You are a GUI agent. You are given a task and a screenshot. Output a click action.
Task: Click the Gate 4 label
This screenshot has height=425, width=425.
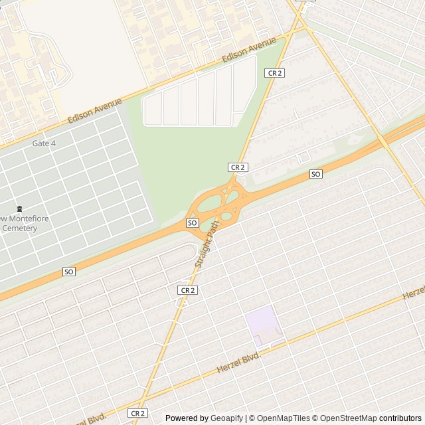click(x=44, y=143)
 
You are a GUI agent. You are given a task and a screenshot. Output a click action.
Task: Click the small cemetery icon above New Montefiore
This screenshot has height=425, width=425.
click(x=19, y=208)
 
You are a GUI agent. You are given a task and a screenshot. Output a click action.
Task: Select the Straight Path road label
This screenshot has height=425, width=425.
click(x=207, y=244)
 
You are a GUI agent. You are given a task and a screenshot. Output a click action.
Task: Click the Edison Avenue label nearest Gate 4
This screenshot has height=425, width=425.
click(x=95, y=111)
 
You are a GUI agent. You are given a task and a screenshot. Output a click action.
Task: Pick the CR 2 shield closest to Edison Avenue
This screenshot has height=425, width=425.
click(x=274, y=73)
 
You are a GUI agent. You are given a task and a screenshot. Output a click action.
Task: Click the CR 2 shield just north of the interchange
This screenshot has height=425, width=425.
click(x=238, y=167)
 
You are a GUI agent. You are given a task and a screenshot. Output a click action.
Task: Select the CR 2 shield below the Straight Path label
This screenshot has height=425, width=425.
click(x=188, y=290)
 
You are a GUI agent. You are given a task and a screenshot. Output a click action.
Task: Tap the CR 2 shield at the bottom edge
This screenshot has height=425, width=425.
click(x=137, y=413)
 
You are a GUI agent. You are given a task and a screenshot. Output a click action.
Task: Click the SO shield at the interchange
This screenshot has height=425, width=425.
click(x=193, y=222)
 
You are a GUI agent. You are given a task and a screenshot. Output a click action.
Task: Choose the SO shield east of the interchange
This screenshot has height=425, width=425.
click(x=316, y=174)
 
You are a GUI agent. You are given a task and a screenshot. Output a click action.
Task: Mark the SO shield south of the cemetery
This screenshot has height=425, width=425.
click(x=69, y=272)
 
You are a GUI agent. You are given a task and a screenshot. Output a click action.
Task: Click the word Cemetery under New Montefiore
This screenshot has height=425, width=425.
click(x=19, y=228)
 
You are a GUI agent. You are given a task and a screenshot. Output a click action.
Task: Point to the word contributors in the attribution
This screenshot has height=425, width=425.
click(x=400, y=418)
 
